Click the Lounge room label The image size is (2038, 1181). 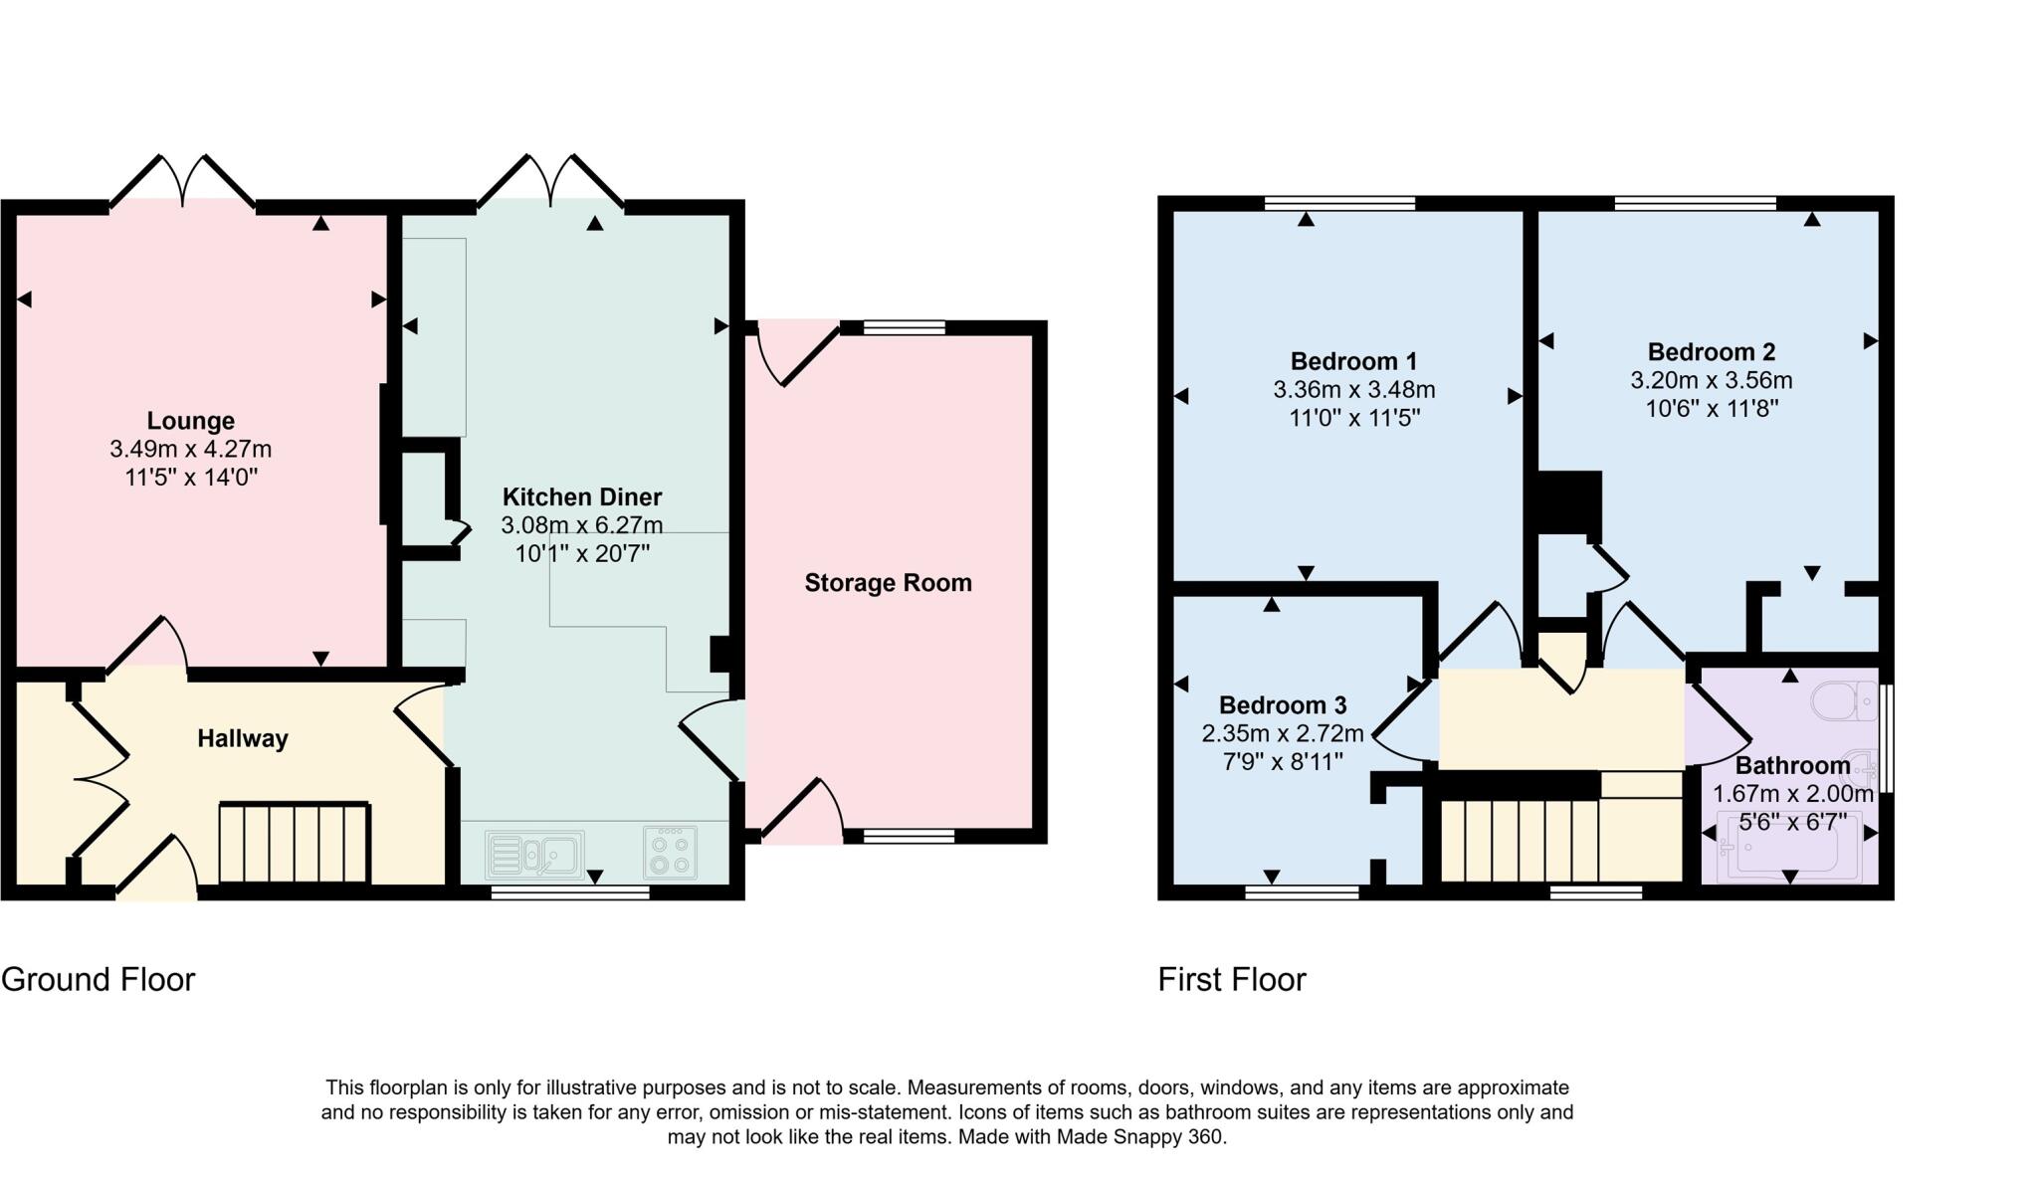point(191,420)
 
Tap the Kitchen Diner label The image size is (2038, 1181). point(581,496)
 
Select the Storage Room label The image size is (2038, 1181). point(888,582)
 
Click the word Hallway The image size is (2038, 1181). point(242,738)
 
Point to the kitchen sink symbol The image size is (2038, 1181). point(535,855)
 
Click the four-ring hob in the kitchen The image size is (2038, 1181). point(671,853)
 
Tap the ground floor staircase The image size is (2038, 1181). point(294,843)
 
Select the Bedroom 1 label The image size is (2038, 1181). point(1353,360)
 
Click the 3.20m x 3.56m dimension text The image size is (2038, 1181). point(1711,380)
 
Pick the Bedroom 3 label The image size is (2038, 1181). point(1282,705)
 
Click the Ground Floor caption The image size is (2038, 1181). point(98,979)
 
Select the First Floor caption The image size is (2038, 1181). point(1231,979)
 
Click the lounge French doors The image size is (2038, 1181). point(182,183)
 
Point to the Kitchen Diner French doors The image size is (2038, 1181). point(550,183)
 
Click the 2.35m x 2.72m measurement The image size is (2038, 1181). point(1282,734)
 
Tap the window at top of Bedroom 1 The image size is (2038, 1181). point(1339,203)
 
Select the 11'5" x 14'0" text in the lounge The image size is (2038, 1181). point(191,478)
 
